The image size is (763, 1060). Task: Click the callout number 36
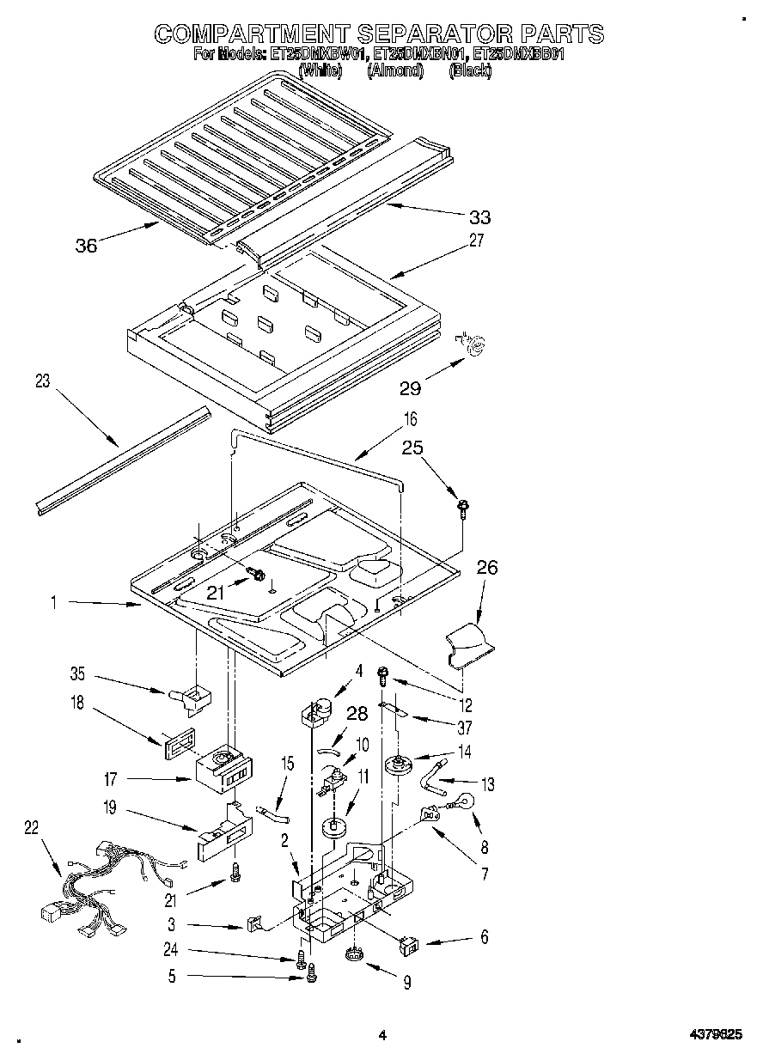(x=86, y=246)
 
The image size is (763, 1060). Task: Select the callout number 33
(x=479, y=217)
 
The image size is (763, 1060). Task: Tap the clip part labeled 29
(x=473, y=344)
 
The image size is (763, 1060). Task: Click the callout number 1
(x=53, y=604)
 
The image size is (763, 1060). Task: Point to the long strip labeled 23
(x=120, y=464)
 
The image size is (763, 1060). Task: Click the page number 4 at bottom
(x=383, y=1037)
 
